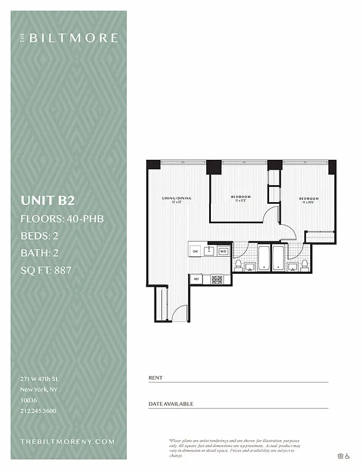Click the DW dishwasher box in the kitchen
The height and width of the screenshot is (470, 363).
pos(195,251)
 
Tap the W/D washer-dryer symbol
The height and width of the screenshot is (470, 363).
pos(223,251)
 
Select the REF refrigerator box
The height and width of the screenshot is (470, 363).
pos(197,279)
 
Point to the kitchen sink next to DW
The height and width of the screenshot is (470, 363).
pos(209,251)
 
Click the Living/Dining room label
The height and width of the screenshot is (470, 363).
pos(177,200)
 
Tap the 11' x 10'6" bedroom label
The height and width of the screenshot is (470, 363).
pos(308,200)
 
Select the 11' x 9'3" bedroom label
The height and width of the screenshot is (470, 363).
pos(240,198)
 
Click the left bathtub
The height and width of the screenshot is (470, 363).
pos(263,258)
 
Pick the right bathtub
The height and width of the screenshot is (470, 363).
pos(277,258)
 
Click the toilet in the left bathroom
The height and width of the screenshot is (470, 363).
pos(238,266)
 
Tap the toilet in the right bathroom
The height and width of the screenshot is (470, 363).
pos(304,266)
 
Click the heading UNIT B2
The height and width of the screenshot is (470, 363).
pos(48,200)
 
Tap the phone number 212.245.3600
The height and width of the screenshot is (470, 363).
pos(38,411)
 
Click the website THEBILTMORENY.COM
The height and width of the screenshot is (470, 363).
pos(68,441)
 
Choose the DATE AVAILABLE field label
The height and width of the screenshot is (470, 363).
pos(171,404)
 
